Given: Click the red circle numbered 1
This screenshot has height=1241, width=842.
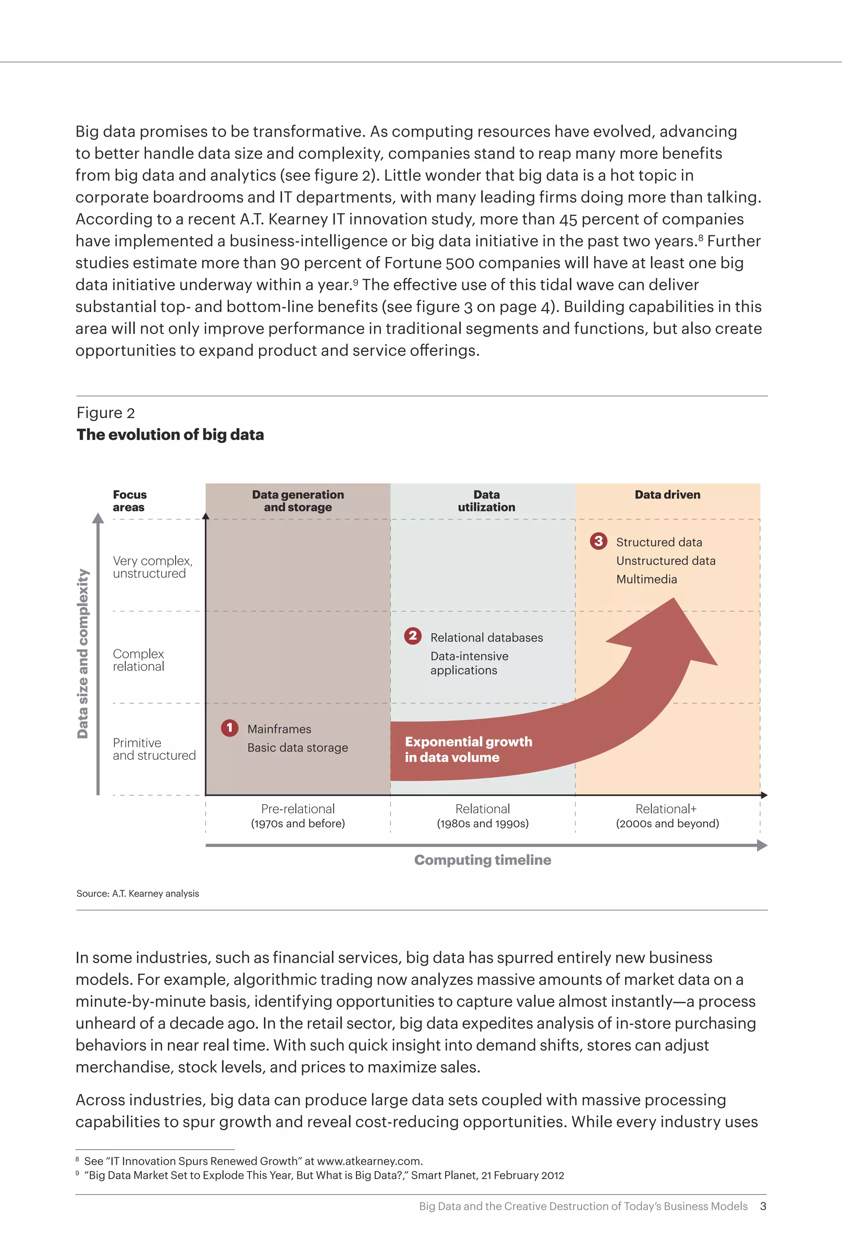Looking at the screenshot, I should click(x=229, y=728).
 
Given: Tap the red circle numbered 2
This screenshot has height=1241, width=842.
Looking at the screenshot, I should click(x=413, y=636).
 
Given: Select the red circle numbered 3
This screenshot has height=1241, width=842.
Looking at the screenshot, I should click(x=599, y=541).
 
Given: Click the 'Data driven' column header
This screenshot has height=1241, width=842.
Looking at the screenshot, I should click(x=667, y=495).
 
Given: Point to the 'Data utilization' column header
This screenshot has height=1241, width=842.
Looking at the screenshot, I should click(x=486, y=501).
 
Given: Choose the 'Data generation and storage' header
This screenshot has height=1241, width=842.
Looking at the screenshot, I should click(x=298, y=501).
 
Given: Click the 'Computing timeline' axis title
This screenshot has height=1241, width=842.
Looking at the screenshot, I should click(x=483, y=860).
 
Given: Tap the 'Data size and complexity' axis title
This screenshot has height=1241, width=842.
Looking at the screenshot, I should click(x=83, y=654).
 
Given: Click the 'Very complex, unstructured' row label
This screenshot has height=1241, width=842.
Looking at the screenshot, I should click(x=152, y=567).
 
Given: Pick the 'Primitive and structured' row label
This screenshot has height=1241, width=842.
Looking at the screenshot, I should click(x=154, y=749).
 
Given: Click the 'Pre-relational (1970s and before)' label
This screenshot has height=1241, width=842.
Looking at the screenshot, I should click(x=298, y=816).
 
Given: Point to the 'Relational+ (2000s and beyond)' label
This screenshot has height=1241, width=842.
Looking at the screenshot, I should click(x=667, y=816).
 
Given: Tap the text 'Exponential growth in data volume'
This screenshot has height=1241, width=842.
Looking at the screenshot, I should click(x=468, y=749).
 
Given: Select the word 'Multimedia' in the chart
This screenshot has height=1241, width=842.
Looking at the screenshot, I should click(x=647, y=579).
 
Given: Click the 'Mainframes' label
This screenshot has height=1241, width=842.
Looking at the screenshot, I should click(x=279, y=729).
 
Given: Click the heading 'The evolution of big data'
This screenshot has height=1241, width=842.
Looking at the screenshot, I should click(x=170, y=435).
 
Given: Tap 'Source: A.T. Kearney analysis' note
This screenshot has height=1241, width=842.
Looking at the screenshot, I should click(x=138, y=894).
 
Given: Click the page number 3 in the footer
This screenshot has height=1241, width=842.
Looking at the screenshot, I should click(x=763, y=1206).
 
